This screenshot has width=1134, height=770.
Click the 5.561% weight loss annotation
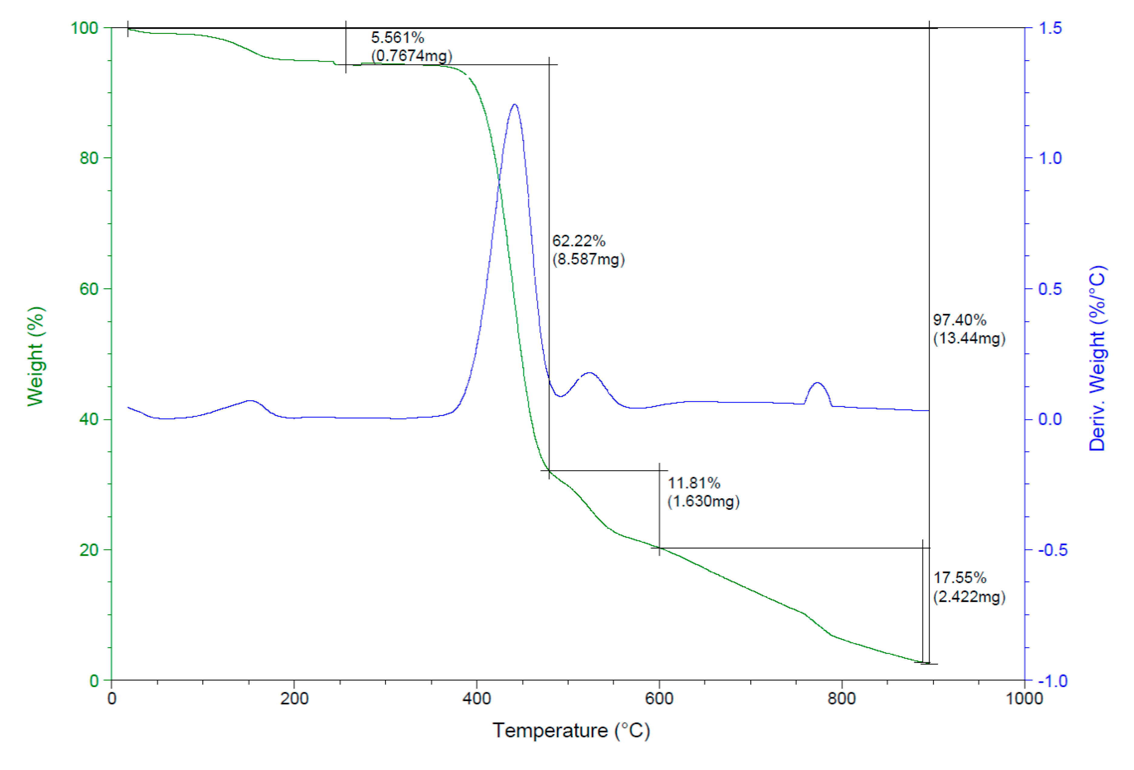(x=397, y=38)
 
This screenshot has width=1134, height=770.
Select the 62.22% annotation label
(x=579, y=241)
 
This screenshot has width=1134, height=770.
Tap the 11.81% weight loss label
(x=694, y=483)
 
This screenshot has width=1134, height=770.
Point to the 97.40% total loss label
(x=959, y=320)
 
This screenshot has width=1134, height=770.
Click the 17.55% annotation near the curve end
(x=959, y=578)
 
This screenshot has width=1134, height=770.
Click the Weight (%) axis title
(x=36, y=356)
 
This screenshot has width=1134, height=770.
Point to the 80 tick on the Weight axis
(x=89, y=158)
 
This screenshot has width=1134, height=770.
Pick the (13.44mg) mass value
(x=969, y=338)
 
